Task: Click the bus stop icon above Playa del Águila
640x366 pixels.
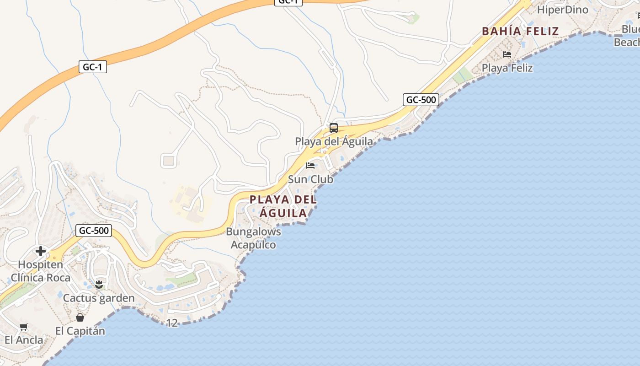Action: (334, 128)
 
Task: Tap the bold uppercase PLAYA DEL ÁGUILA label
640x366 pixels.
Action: (283, 206)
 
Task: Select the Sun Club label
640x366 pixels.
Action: (310, 179)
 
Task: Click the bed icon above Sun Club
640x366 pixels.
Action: (311, 165)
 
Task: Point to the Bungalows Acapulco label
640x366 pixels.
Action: (253, 238)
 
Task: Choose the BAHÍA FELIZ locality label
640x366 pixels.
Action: (520, 31)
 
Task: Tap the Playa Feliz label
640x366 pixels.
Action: (507, 68)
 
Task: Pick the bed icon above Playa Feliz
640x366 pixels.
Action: (507, 54)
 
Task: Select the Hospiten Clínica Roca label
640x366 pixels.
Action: (41, 271)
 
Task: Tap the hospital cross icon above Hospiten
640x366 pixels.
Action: (41, 251)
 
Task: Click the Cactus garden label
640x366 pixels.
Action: (99, 298)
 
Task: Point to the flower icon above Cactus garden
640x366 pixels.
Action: (98, 285)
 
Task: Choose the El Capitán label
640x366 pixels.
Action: (80, 331)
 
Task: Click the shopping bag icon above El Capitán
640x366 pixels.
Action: (80, 317)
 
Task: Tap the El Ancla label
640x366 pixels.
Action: (24, 340)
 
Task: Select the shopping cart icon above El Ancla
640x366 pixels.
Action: (24, 327)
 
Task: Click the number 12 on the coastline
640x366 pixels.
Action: (172, 323)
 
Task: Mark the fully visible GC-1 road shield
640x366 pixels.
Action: (92, 67)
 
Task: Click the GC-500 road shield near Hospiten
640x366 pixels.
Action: (94, 231)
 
